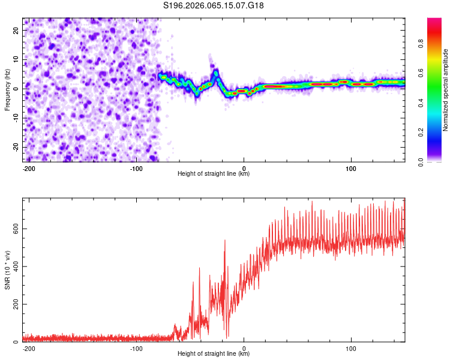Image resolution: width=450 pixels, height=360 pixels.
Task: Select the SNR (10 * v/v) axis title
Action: [x=7, y=270]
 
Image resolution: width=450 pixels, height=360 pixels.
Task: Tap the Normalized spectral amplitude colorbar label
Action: [x=445, y=90]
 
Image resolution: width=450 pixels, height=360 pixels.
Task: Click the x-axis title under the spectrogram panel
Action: [x=214, y=174]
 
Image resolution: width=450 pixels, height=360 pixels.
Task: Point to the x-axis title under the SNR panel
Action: [x=214, y=354]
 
